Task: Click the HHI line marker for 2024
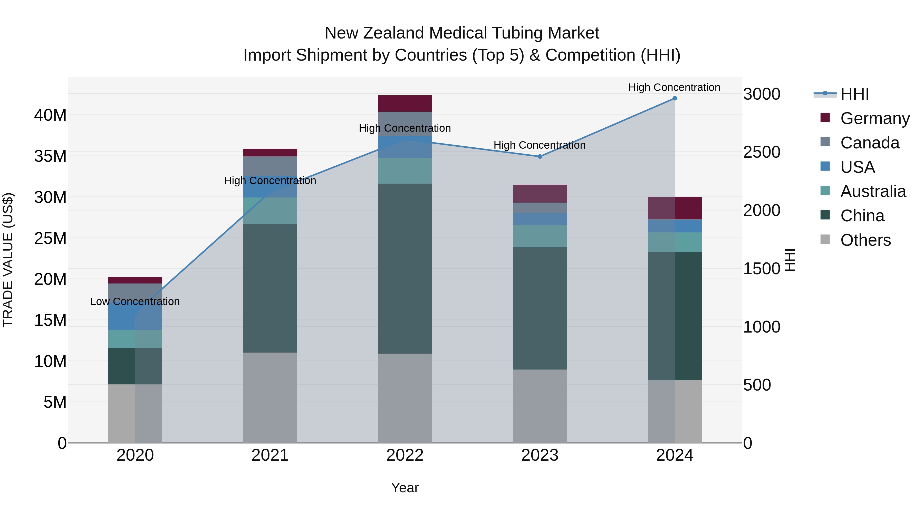tap(674, 98)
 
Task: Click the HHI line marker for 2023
tap(540, 156)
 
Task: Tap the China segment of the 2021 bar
tap(270, 288)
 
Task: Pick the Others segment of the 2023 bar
tap(540, 406)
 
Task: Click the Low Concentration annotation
tap(135, 301)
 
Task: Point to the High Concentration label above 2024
tap(674, 87)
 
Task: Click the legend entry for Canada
tap(870, 143)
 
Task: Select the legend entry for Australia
tap(873, 191)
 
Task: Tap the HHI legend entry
tap(854, 94)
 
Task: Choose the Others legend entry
tap(865, 240)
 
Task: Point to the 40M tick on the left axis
tap(50, 115)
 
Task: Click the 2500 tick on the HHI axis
tap(762, 152)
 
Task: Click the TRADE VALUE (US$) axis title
tap(8, 260)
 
